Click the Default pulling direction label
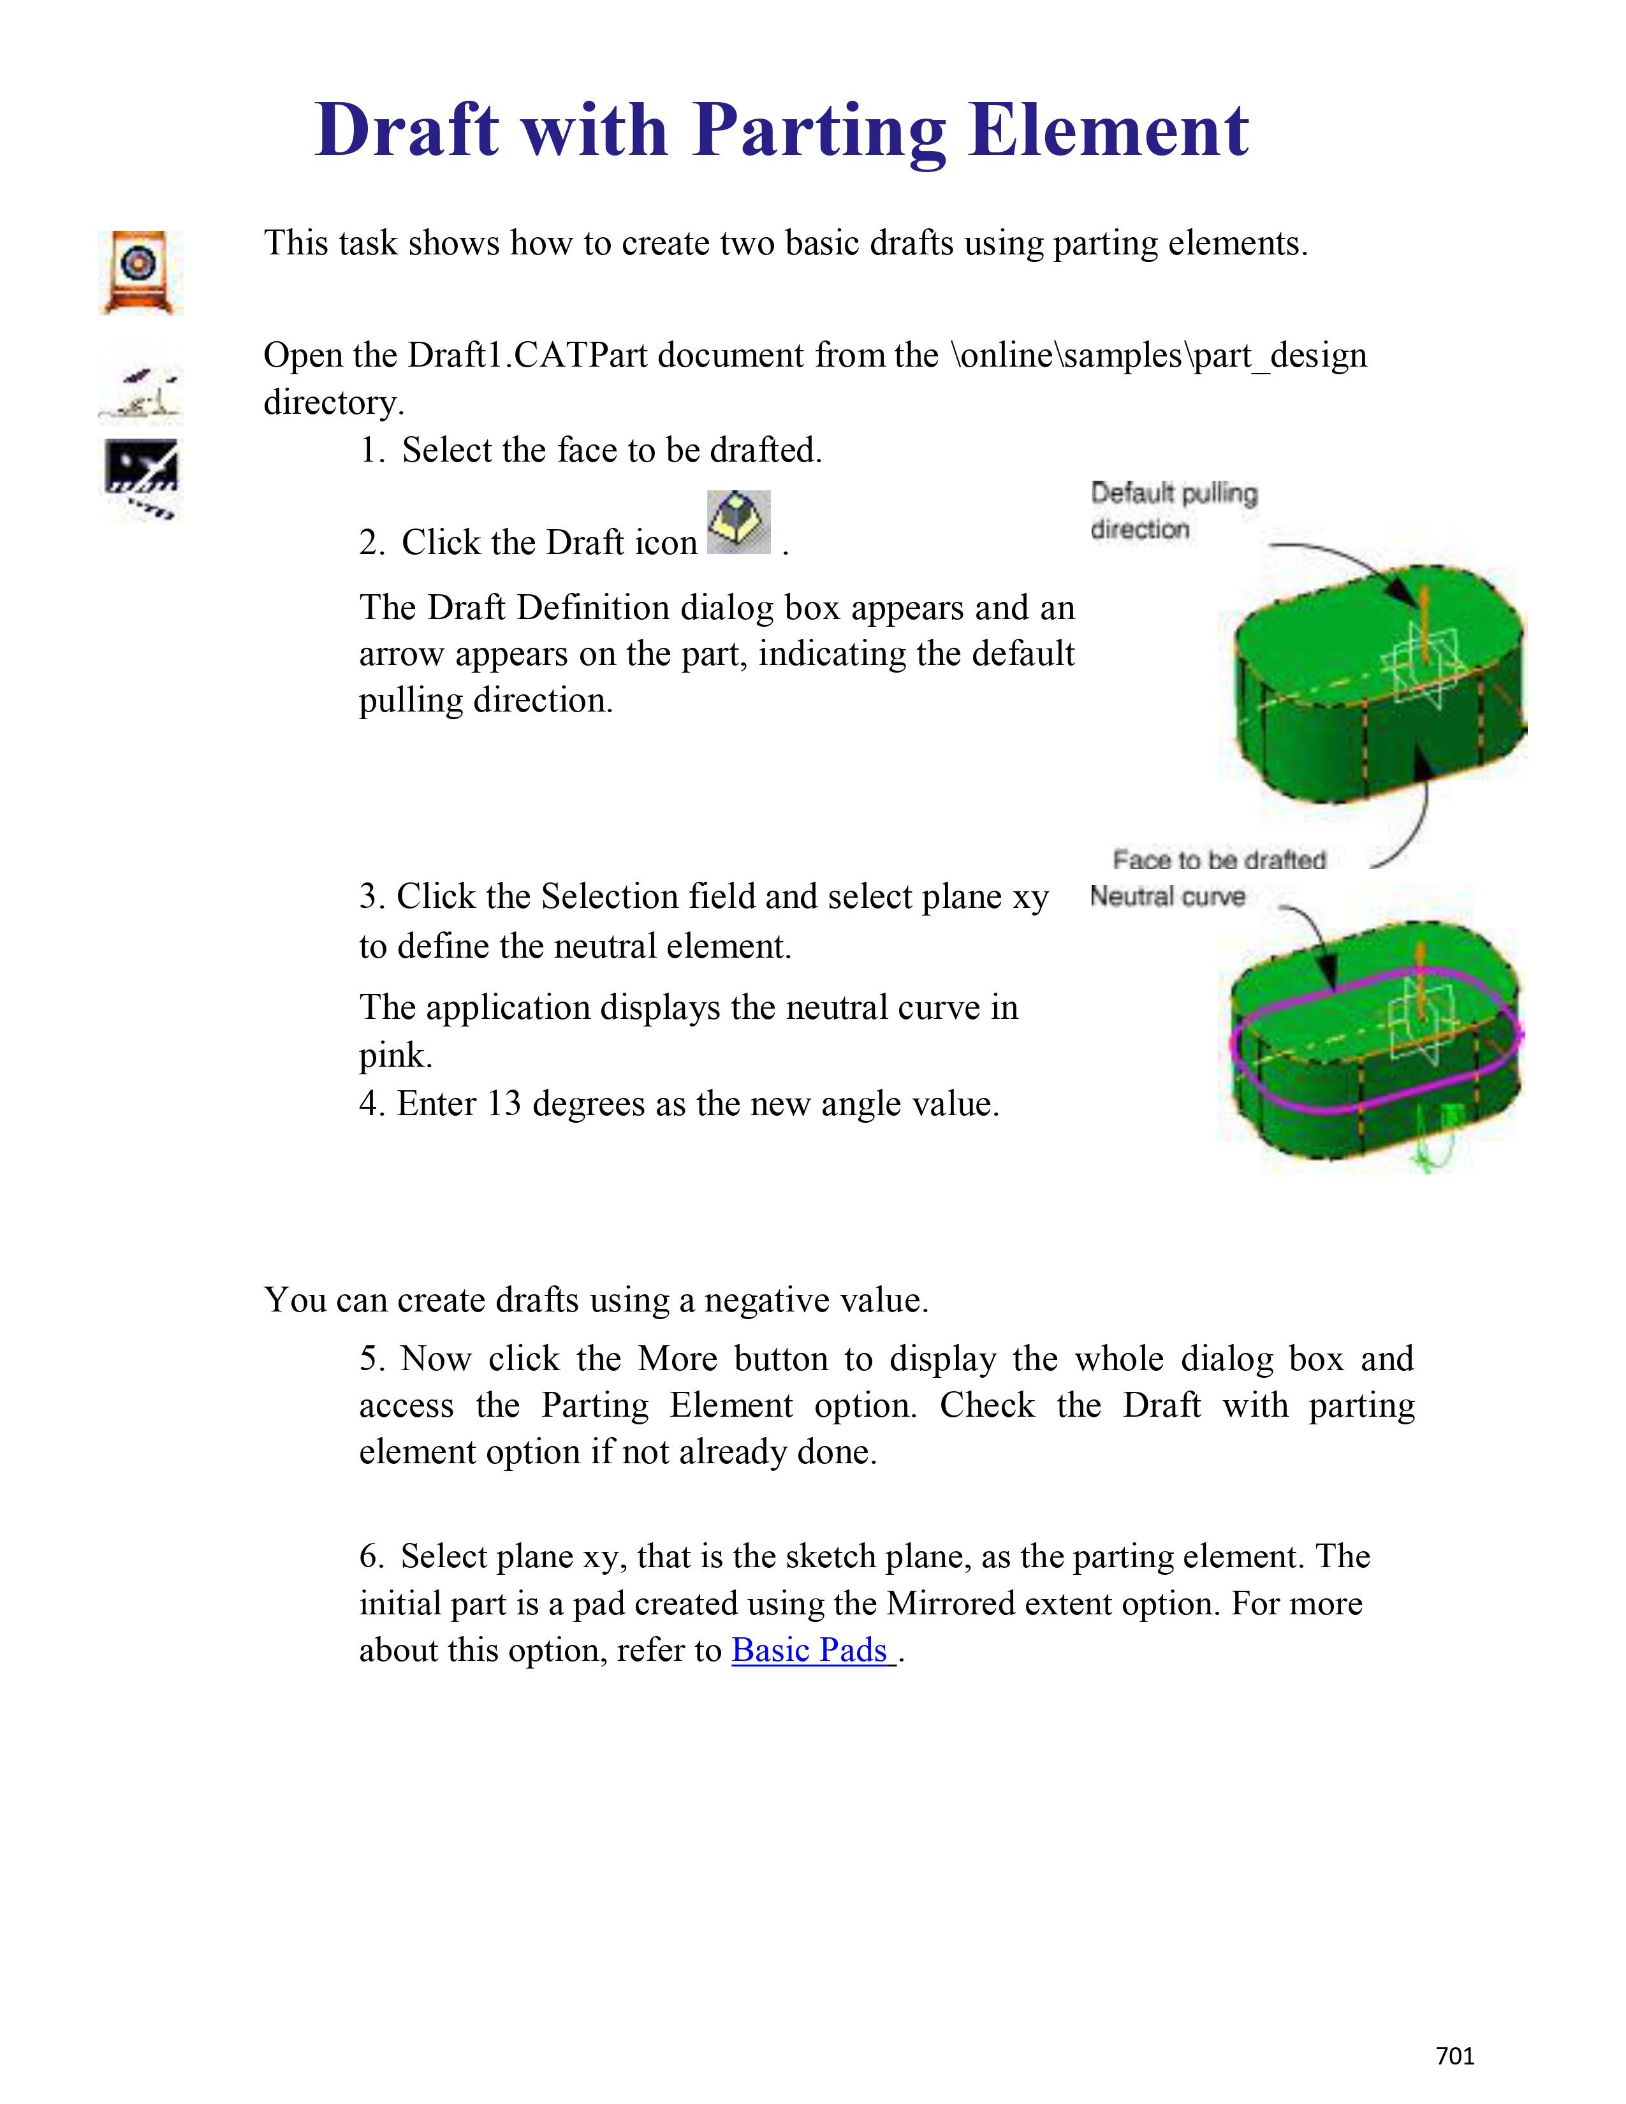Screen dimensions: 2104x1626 (x=1173, y=511)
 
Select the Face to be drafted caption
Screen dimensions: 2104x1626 (x=1219, y=859)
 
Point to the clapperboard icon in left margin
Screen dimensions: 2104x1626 (x=141, y=479)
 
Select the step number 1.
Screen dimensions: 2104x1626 (x=371, y=451)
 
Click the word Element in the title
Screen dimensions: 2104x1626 (x=1108, y=130)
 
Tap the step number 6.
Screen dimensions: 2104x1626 (x=371, y=1557)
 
